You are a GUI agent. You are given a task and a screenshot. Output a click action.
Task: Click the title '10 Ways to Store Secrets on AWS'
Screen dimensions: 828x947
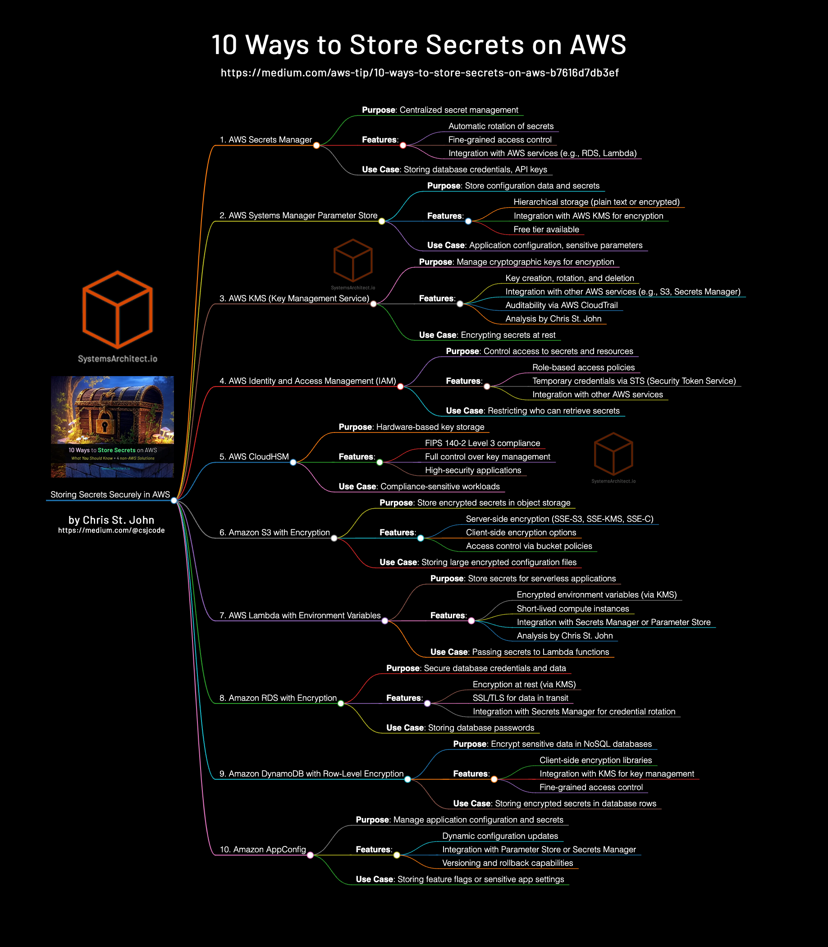(x=419, y=45)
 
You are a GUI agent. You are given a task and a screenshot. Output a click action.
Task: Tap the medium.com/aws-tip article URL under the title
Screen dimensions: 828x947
(x=420, y=73)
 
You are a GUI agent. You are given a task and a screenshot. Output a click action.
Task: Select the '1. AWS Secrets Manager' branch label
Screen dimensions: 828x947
(x=265, y=140)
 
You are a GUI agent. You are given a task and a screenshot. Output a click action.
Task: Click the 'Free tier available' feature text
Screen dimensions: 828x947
(x=546, y=229)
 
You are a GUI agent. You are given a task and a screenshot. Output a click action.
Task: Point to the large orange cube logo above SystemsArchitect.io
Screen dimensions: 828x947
(x=117, y=309)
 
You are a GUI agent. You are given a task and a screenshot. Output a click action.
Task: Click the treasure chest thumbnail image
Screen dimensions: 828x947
(x=112, y=427)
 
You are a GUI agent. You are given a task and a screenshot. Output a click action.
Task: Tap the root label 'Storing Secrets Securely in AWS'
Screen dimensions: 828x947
(x=110, y=495)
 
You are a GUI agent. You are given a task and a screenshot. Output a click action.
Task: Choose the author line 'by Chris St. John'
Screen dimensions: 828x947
(x=111, y=520)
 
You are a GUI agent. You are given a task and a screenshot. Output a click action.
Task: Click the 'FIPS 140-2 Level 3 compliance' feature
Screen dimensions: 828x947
(x=482, y=443)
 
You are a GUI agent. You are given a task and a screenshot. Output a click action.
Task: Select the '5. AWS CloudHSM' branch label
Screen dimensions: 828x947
(x=254, y=457)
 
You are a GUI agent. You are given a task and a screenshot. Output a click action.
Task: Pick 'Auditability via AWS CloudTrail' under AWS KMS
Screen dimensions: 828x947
(x=562, y=305)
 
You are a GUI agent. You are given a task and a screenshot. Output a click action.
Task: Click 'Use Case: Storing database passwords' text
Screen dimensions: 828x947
(x=460, y=727)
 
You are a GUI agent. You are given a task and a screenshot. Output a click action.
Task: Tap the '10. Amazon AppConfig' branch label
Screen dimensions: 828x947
(x=262, y=850)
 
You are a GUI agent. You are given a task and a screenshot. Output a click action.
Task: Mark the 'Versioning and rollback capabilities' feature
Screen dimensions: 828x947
(x=508, y=863)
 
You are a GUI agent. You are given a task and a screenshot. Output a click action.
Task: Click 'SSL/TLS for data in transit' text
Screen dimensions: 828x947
(x=520, y=698)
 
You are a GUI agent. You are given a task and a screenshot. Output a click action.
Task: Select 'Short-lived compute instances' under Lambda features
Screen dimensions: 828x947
(x=572, y=609)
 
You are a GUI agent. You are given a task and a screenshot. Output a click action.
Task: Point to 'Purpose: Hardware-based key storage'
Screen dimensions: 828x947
(x=411, y=427)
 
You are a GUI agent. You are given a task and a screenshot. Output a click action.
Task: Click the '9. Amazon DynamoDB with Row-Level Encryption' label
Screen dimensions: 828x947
(x=311, y=774)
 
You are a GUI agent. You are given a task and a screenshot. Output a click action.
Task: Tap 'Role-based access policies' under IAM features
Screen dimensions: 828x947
(x=583, y=368)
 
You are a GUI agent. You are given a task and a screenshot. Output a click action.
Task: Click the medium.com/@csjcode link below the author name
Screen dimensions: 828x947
(x=111, y=531)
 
